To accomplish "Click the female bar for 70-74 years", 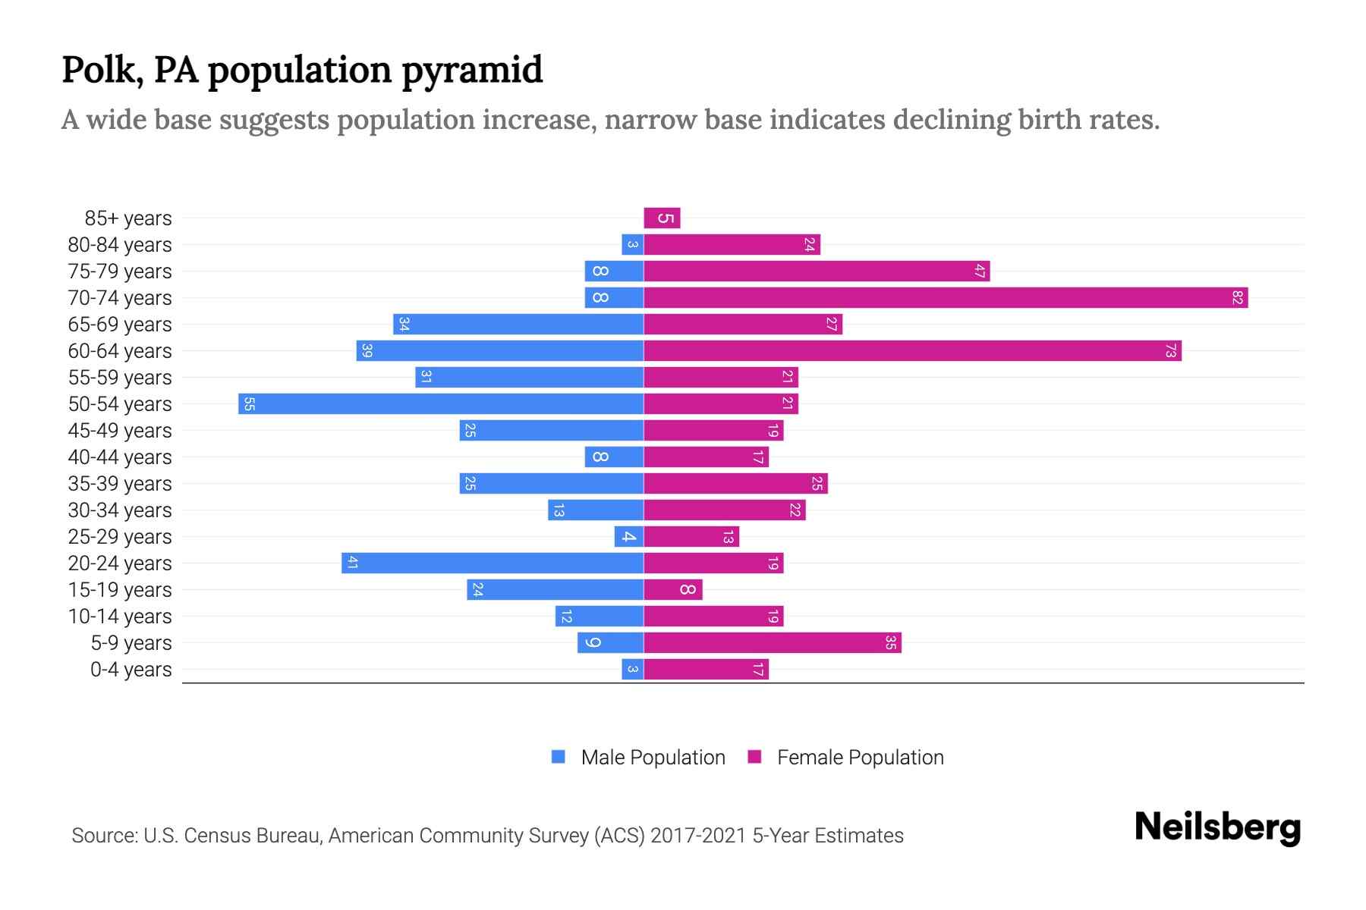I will tap(946, 298).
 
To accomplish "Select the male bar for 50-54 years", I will tap(441, 404).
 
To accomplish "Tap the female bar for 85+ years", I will tap(662, 218).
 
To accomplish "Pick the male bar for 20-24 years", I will tap(493, 563).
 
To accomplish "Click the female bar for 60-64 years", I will tap(912, 351).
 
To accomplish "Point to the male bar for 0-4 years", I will tap(632, 670).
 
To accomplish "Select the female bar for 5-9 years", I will tap(773, 643).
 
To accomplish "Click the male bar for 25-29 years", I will tap(629, 537).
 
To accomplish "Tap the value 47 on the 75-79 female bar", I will tap(980, 271).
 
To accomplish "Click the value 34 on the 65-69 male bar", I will tap(404, 325).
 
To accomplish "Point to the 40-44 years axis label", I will tap(120, 457).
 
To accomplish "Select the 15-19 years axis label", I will tap(120, 590).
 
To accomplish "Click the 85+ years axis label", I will tap(128, 218).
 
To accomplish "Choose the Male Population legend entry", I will tap(653, 758).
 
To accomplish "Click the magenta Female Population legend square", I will tap(754, 757).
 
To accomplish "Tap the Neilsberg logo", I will tap(1217, 827).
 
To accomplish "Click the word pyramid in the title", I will tap(471, 71).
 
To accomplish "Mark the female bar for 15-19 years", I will tap(673, 590).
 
